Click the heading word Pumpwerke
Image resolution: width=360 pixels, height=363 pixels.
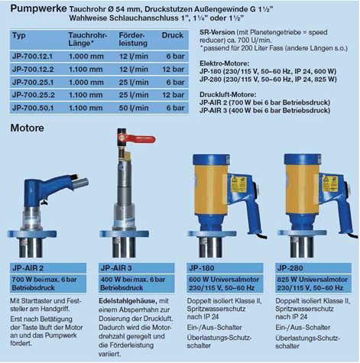pos(38,9)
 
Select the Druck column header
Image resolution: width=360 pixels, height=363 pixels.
pos(173,35)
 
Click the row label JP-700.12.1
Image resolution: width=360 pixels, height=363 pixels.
pos(32,57)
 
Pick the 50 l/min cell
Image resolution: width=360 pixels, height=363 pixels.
pos(134,108)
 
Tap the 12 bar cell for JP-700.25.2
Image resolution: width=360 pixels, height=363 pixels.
pos(174,95)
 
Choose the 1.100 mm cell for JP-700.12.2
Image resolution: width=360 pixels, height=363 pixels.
pos(86,70)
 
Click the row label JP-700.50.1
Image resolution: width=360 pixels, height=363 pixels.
pos(33,108)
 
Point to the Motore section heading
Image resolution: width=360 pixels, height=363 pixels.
pos(28,128)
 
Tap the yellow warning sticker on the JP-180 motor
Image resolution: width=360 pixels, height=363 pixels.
pos(238,184)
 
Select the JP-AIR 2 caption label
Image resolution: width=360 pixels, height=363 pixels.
pos(28,268)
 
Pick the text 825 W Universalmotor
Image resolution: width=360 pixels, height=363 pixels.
pos(313,280)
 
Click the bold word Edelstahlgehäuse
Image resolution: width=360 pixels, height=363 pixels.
pos(128,301)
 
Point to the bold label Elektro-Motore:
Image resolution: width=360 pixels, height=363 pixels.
pos(225,63)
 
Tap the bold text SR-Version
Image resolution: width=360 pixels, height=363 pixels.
pos(217,32)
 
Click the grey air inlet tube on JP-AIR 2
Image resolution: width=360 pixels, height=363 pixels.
pos(81,183)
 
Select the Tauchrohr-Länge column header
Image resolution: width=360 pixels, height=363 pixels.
pos(87,39)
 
